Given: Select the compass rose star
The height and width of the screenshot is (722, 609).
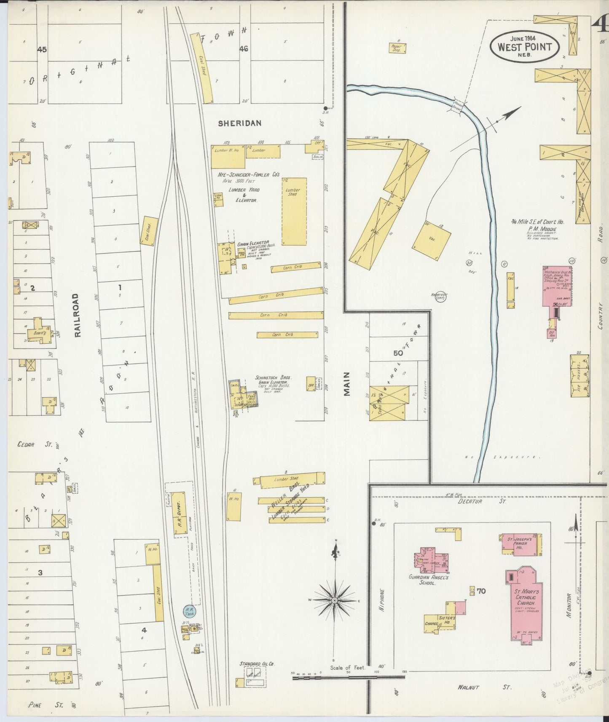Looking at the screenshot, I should click(x=334, y=600).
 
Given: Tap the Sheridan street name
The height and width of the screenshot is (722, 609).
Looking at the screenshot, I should click(x=239, y=123).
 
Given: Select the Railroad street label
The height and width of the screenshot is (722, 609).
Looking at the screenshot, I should click(x=77, y=315).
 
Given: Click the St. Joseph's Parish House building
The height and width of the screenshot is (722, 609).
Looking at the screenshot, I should click(x=520, y=545).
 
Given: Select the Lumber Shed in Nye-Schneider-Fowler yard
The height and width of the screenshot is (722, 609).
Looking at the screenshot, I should click(x=293, y=211).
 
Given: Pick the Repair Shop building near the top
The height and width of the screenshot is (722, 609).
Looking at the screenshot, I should click(x=397, y=47).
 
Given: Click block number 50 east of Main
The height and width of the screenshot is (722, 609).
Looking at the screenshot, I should click(x=397, y=353).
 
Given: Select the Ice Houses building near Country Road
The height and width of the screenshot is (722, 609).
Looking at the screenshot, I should click(x=579, y=376).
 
